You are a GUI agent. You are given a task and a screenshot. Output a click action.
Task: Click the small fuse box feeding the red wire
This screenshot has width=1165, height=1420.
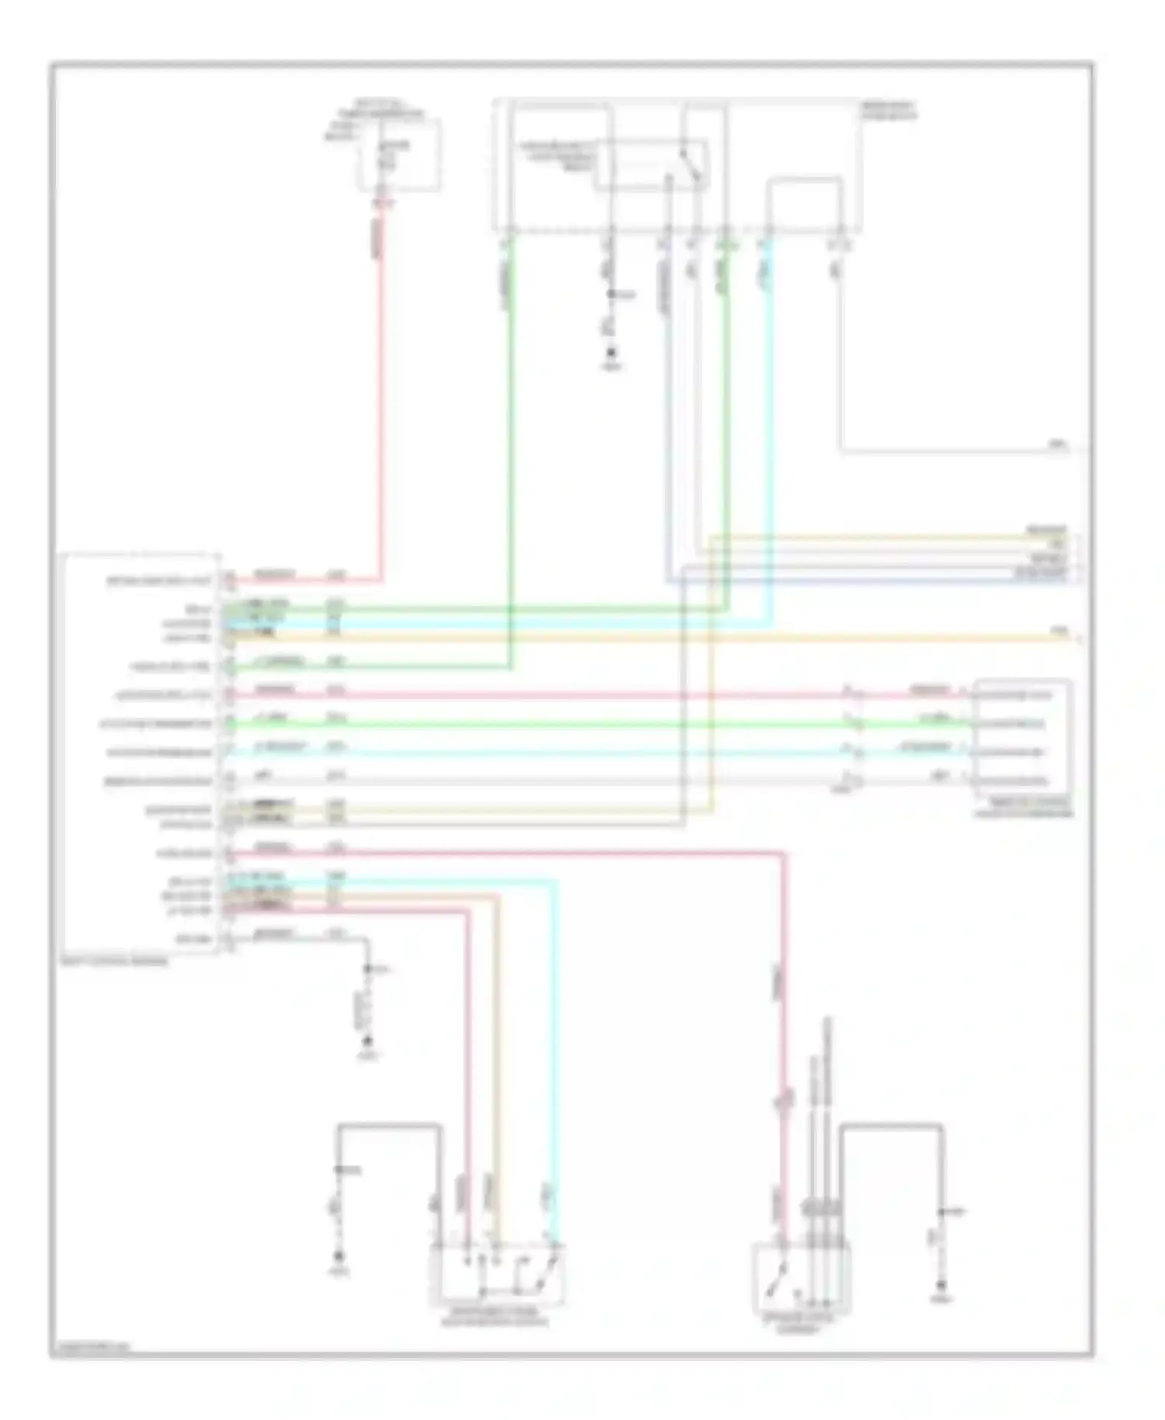coord(398,156)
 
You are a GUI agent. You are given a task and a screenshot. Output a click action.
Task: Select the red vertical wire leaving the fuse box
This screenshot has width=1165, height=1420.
coord(382,388)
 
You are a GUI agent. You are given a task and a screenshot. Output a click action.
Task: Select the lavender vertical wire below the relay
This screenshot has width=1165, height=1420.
coord(667,427)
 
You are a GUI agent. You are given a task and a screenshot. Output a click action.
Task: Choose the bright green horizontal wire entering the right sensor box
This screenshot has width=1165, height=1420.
coord(544,725)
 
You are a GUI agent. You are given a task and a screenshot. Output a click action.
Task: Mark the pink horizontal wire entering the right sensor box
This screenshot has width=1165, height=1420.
coord(544,695)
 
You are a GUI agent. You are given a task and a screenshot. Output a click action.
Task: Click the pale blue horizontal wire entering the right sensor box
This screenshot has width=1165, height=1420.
coord(544,754)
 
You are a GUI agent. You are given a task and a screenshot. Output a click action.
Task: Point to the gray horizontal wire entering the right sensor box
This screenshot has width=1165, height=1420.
coord(544,781)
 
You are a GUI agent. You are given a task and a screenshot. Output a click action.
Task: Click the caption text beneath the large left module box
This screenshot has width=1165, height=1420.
coord(114,961)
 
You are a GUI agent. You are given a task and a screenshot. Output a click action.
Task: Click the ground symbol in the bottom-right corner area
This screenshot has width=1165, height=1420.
coord(942,1286)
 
